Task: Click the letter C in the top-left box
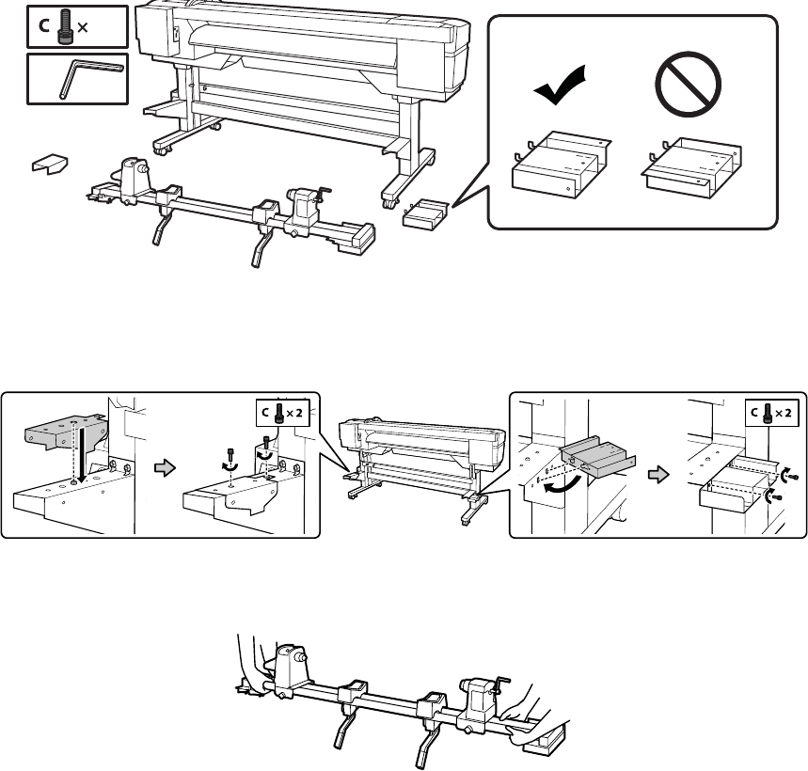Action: [44, 27]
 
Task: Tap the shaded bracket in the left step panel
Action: [65, 428]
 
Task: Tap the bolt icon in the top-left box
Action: [65, 27]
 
